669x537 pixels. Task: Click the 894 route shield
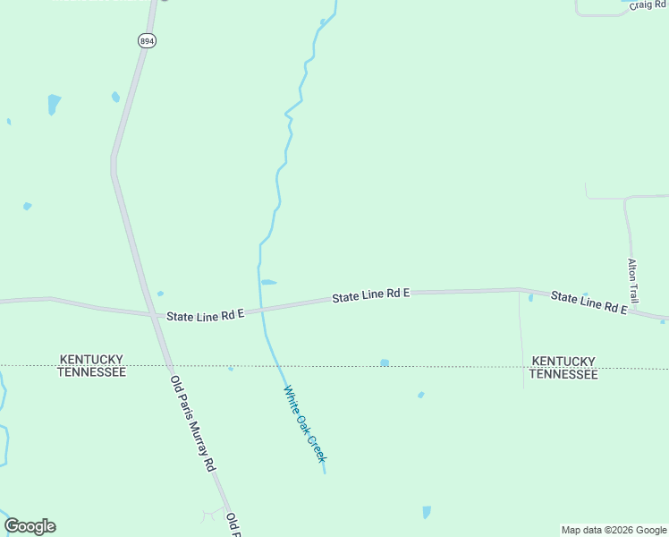click(x=148, y=40)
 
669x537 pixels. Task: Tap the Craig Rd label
click(x=648, y=5)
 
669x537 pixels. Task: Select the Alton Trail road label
click(x=632, y=280)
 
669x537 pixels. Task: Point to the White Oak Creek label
click(x=305, y=423)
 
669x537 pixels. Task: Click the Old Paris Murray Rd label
click(x=193, y=423)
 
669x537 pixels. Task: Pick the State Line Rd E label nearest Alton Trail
click(x=588, y=302)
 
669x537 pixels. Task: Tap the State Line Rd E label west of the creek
click(x=205, y=314)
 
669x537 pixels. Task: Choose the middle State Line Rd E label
click(x=370, y=294)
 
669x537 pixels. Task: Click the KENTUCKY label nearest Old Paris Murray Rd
click(x=91, y=359)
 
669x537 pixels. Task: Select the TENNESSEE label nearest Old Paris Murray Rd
click(x=91, y=371)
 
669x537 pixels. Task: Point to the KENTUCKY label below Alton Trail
click(x=563, y=361)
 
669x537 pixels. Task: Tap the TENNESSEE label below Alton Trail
click(x=563, y=374)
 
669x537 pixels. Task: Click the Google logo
click(x=30, y=526)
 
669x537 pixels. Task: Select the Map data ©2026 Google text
click(x=614, y=530)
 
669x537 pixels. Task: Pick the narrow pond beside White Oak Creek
click(x=268, y=282)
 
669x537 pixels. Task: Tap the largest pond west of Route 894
click(x=54, y=103)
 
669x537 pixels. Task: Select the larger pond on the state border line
click(x=385, y=362)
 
